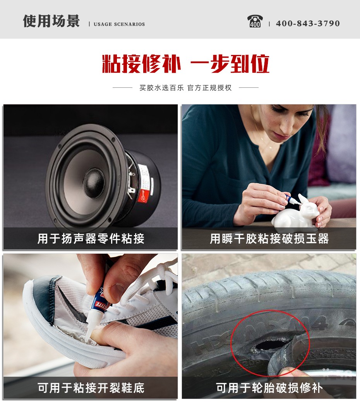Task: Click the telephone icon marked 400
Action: click(x=255, y=21)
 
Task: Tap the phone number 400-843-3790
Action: click(x=308, y=23)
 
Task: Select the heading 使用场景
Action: click(x=51, y=21)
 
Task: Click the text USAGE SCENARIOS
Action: click(x=119, y=24)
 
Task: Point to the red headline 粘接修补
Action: click(x=141, y=64)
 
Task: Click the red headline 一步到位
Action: click(x=230, y=64)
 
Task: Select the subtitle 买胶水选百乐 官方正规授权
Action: click(x=185, y=88)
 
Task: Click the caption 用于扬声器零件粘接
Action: click(x=91, y=239)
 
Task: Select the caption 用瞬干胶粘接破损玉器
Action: click(x=269, y=239)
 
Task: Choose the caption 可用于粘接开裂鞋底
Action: click(x=91, y=388)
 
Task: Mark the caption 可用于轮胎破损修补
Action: click(x=269, y=388)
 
